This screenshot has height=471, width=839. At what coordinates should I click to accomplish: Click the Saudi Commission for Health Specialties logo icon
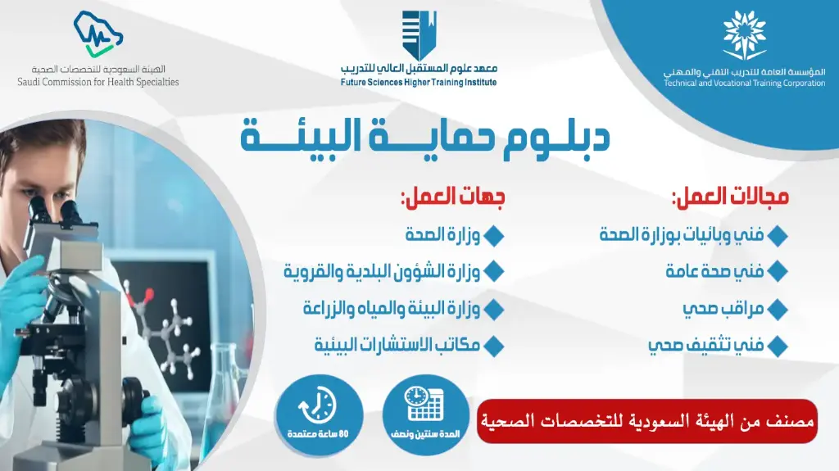[98, 35]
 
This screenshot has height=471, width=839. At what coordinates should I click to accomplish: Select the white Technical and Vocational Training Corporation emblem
[745, 36]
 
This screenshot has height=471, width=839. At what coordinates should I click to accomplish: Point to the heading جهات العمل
[452, 197]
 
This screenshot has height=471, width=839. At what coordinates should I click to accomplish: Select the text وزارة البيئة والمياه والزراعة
[391, 309]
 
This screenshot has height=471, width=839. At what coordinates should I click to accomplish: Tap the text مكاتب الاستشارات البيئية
[397, 345]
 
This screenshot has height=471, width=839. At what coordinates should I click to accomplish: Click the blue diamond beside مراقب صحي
[778, 310]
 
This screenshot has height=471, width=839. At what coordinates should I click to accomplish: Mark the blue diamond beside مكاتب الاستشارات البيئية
[493, 346]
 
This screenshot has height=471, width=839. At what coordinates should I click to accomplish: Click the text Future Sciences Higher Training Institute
[419, 83]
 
